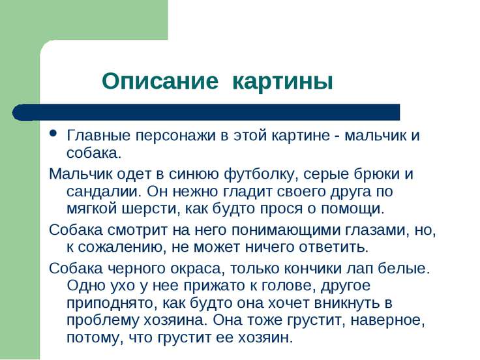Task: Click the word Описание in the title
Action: click(x=160, y=82)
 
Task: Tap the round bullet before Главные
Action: click(x=53, y=133)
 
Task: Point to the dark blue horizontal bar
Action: click(x=206, y=112)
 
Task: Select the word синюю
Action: click(x=194, y=174)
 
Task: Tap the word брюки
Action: click(x=377, y=174)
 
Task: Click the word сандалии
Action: click(x=104, y=192)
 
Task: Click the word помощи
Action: click(x=352, y=209)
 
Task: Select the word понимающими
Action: click(x=286, y=230)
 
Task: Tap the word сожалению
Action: click(x=123, y=247)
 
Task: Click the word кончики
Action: click(x=312, y=269)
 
